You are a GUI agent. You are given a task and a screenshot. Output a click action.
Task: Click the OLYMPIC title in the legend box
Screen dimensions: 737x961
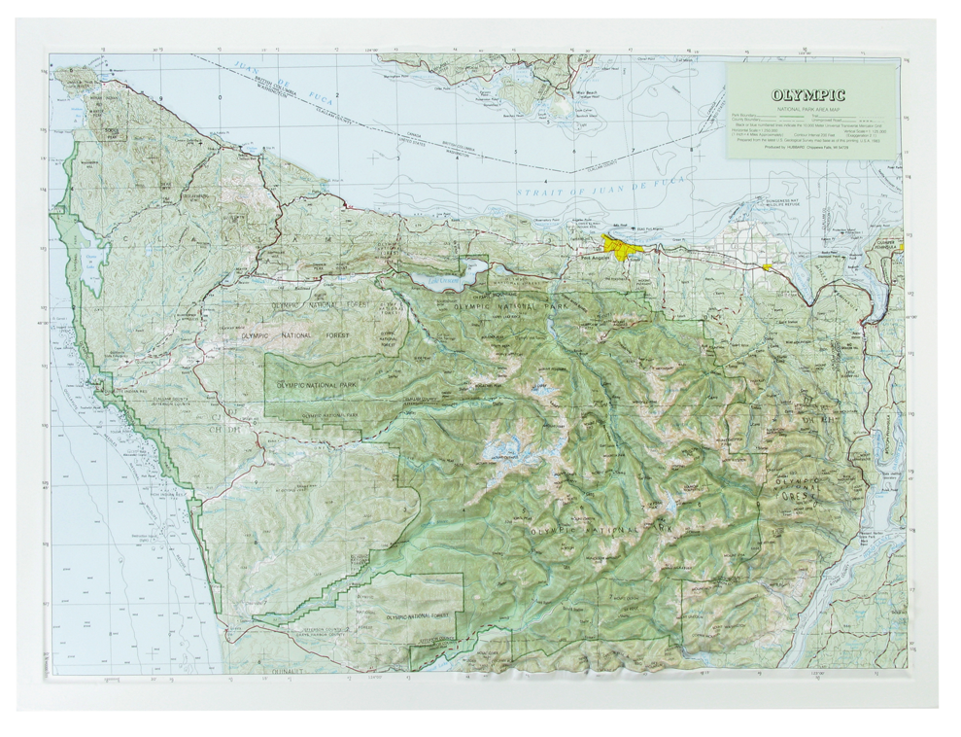click(807, 95)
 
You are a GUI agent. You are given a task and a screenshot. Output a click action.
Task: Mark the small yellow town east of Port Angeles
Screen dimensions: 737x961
click(768, 266)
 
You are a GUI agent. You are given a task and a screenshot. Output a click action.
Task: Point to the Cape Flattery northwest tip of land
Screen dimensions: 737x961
click(65, 74)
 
